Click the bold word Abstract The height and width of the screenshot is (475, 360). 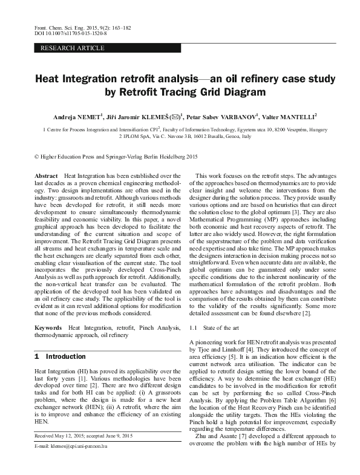(x=47, y=175)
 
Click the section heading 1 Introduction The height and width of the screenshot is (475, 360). (x=61, y=356)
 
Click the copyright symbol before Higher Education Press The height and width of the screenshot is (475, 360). (x=37, y=157)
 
